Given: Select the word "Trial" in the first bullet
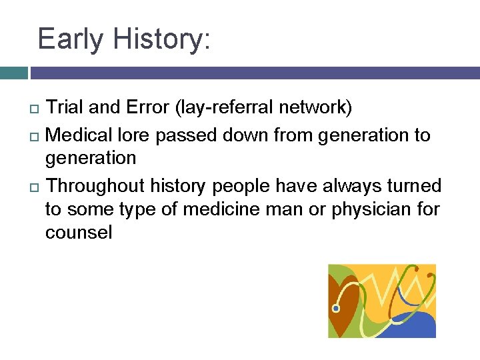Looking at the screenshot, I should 66,107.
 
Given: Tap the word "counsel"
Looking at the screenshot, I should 79,233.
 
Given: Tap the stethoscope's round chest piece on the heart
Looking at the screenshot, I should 336,309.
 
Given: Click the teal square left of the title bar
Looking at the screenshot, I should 13,73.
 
